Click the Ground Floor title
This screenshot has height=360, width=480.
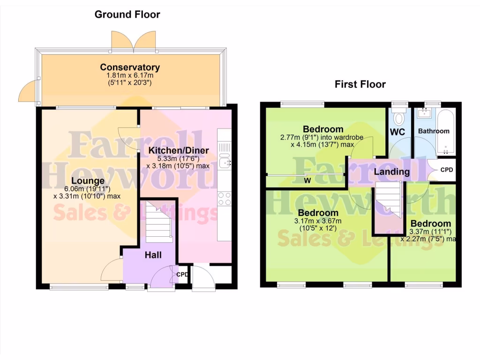127,15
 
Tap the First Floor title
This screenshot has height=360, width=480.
360,84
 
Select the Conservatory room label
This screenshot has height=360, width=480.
130,67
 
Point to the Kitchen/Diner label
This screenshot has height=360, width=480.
179,150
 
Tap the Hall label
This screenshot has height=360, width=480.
153,255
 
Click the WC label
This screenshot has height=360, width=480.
397,132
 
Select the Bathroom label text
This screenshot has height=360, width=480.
434,131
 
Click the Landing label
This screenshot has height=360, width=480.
391,172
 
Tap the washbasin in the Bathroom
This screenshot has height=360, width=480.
426,112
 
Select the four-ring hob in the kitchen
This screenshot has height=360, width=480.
224,199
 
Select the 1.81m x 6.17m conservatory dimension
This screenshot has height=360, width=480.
130,76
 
